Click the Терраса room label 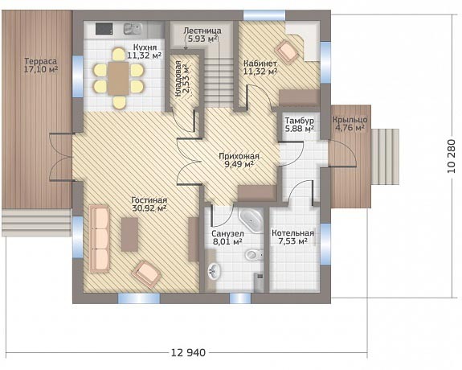tap(41, 62)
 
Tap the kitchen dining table tap(118, 79)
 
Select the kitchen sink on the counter tap(133, 29)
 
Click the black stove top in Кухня tap(104, 29)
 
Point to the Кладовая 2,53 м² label tap(182, 79)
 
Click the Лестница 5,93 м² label tap(202, 35)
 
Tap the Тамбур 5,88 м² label tap(299, 125)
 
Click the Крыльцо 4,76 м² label tap(350, 124)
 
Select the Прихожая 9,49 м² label tap(239, 160)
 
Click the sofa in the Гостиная tap(100, 238)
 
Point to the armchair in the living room tap(146, 273)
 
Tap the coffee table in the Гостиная tap(129, 235)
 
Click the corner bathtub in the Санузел tap(251, 220)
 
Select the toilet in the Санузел tap(254, 254)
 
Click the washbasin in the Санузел tap(215, 270)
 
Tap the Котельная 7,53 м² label tap(293, 237)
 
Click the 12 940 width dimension tap(188, 352)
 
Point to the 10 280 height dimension tap(452, 156)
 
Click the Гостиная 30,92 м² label tap(149, 204)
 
